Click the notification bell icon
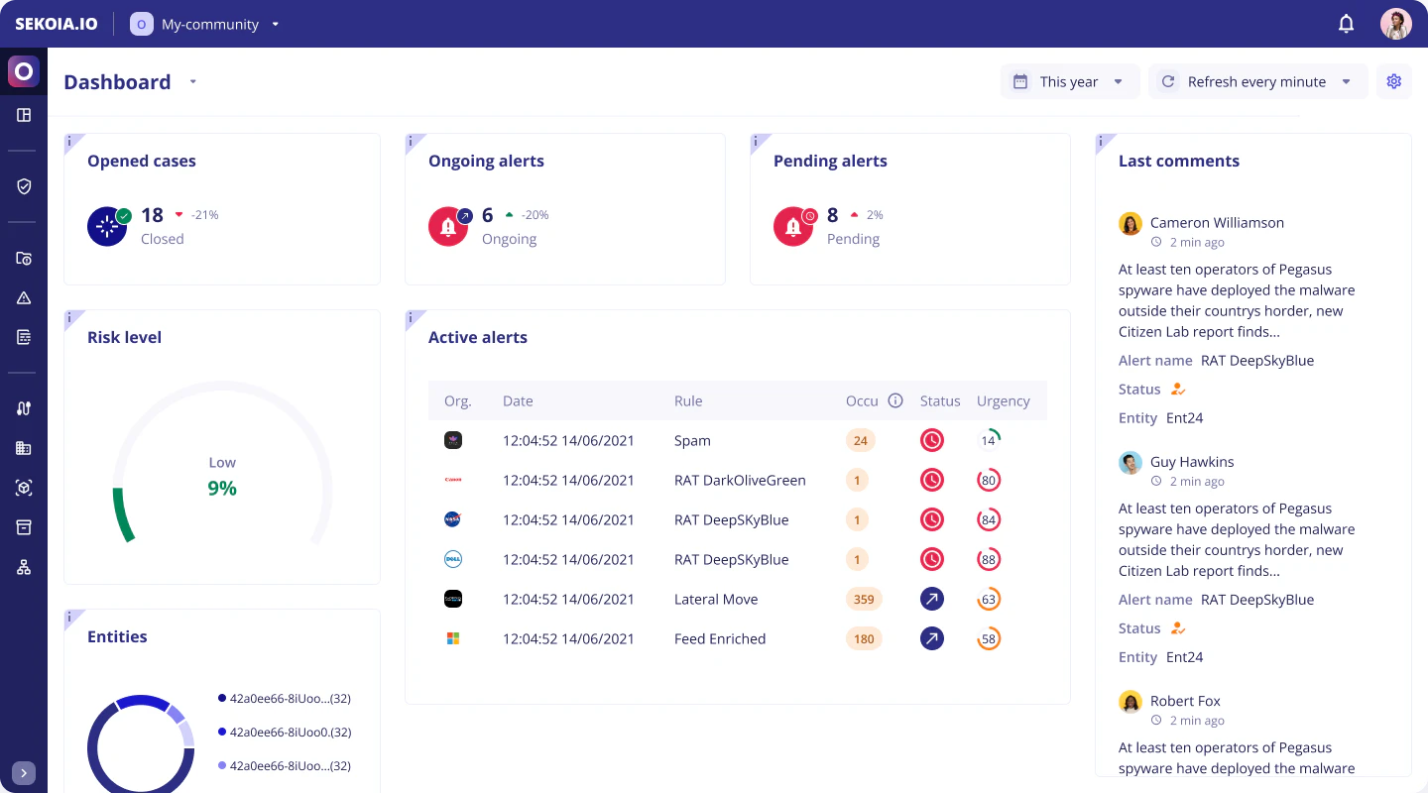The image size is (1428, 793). click(x=1346, y=24)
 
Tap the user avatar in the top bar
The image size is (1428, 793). click(x=1395, y=24)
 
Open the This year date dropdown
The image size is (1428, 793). click(x=1068, y=81)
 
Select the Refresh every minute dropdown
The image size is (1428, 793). click(x=1256, y=81)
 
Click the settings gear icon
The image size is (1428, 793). click(x=1393, y=81)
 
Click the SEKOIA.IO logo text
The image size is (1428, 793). click(x=57, y=24)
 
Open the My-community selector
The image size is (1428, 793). click(x=205, y=24)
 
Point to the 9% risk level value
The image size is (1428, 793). click(x=222, y=488)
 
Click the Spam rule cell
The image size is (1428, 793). click(x=692, y=440)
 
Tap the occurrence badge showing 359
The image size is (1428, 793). click(x=864, y=599)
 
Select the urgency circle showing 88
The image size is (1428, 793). click(x=989, y=559)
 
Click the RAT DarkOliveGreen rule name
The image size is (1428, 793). click(x=740, y=480)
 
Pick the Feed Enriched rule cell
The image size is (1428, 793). click(x=720, y=638)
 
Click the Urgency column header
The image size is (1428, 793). click(x=1003, y=400)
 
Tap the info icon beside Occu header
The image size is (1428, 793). click(x=895, y=400)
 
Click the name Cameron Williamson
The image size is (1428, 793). click(x=1217, y=222)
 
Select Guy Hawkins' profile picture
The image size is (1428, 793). click(x=1130, y=462)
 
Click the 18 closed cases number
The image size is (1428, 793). click(x=152, y=215)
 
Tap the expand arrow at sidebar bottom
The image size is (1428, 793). click(x=24, y=773)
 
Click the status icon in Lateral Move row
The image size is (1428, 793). click(x=932, y=599)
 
